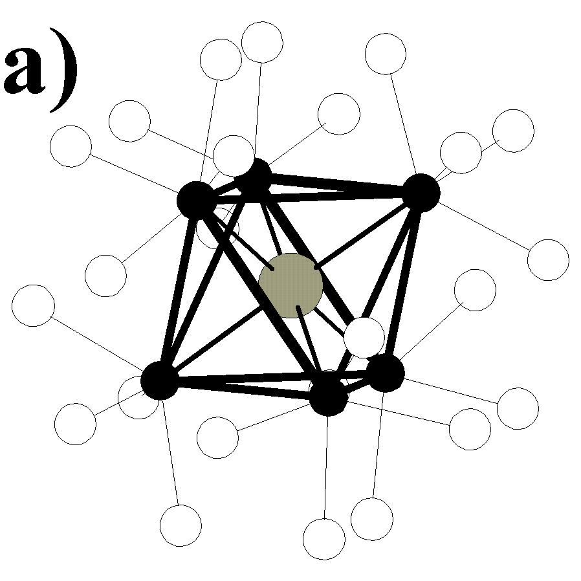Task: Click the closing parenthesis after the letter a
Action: coord(65,71)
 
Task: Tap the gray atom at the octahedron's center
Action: coord(290,285)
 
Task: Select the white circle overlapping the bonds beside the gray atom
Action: coord(364,336)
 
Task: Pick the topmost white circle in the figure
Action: coord(262,41)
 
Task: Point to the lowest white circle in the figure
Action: coord(324,539)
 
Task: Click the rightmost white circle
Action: coord(548,259)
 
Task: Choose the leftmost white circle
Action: coord(33,305)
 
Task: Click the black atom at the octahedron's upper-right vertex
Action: coord(421,192)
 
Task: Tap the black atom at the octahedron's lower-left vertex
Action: coord(160,380)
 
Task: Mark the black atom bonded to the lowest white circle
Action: coord(329,396)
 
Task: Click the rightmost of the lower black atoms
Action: coord(386,373)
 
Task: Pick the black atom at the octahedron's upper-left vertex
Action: coord(195,199)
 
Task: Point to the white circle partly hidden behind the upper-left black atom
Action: coord(219,228)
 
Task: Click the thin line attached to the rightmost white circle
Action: coord(485,226)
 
